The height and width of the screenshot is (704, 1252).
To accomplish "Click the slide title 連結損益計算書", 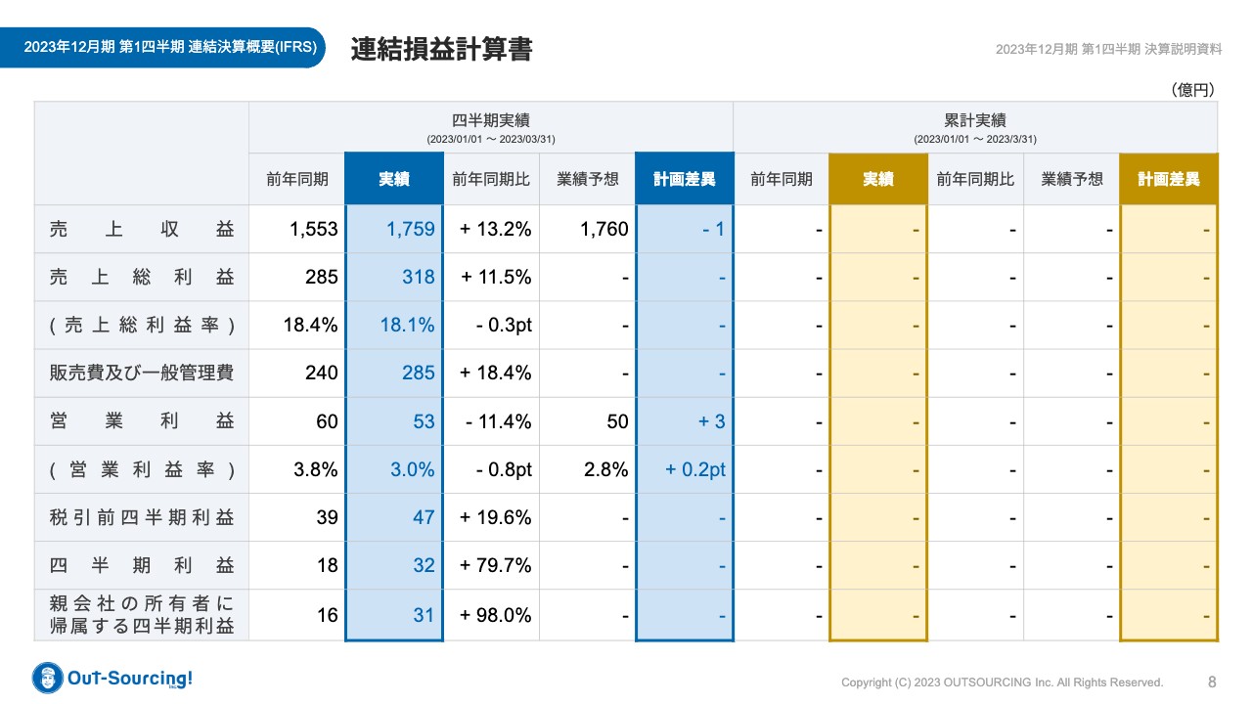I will [x=441, y=50].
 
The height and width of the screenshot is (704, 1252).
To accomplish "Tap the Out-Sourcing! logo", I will [x=112, y=678].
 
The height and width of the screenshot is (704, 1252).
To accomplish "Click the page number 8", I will [x=1212, y=682].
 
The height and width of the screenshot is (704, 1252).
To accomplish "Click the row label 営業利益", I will [x=142, y=421].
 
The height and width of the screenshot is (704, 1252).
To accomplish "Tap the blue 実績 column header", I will [x=393, y=179].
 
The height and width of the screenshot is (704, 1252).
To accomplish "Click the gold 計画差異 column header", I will [x=1168, y=179].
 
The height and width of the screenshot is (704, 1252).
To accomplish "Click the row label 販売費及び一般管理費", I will [x=142, y=373].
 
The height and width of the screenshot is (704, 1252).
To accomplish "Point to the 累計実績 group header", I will [x=974, y=120].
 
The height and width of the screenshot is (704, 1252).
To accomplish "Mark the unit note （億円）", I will [x=1192, y=90].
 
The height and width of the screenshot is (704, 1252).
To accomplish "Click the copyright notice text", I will [x=1002, y=682].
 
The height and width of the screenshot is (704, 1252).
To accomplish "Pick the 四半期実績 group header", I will [x=490, y=120].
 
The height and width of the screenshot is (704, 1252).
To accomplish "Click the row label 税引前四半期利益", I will [x=142, y=517].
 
